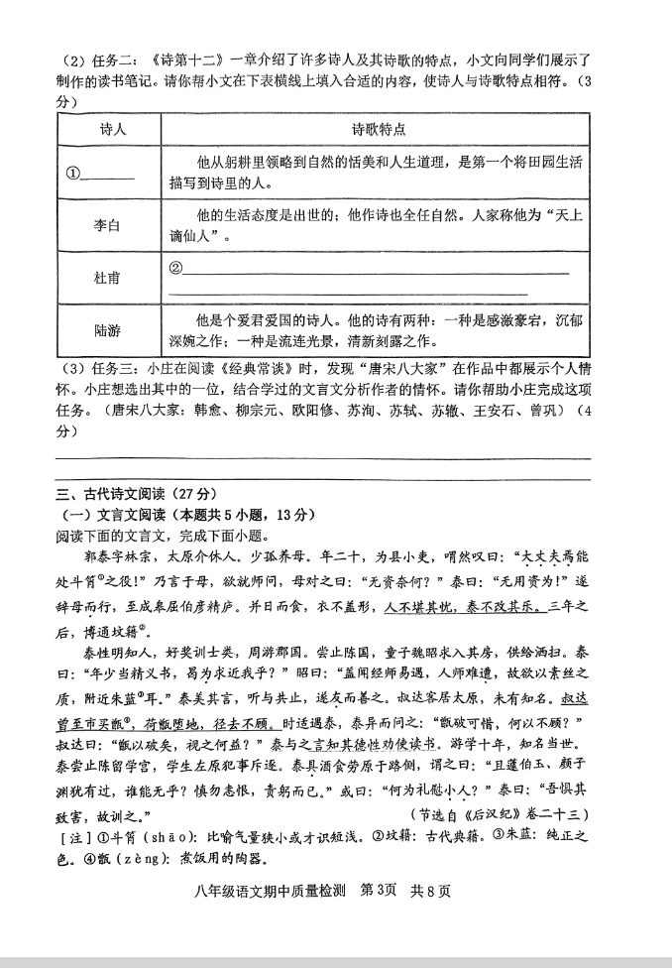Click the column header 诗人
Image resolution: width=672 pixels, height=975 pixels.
tap(112, 130)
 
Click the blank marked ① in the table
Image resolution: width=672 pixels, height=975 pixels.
tap(99, 174)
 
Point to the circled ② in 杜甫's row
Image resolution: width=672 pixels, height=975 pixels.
tap(175, 268)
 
